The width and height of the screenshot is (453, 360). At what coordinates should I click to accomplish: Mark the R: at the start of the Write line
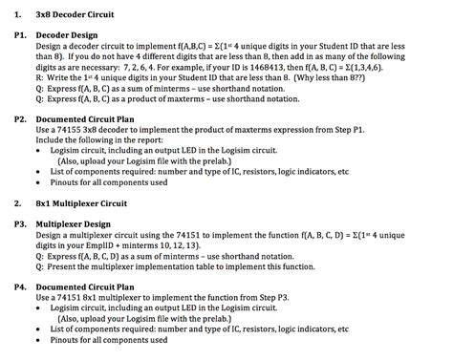40,80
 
